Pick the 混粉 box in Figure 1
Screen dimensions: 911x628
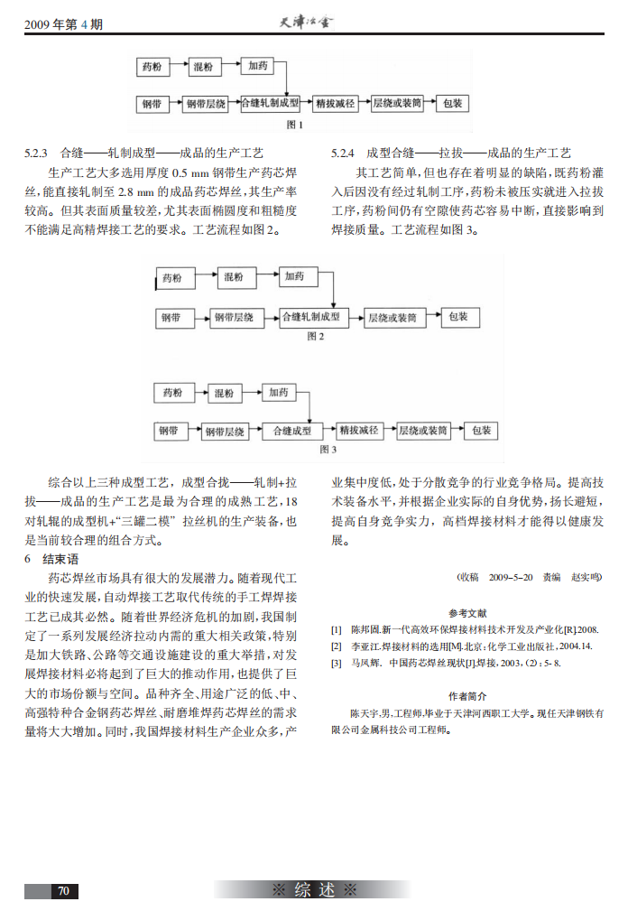point(204,67)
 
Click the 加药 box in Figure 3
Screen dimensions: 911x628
point(279,393)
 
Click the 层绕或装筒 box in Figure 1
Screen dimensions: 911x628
point(397,104)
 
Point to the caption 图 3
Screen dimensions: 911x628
point(328,449)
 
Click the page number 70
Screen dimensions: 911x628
point(63,890)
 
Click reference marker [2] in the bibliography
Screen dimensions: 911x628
point(337,646)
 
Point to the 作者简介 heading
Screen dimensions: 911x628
point(468,696)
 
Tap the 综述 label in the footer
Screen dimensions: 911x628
point(314,890)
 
